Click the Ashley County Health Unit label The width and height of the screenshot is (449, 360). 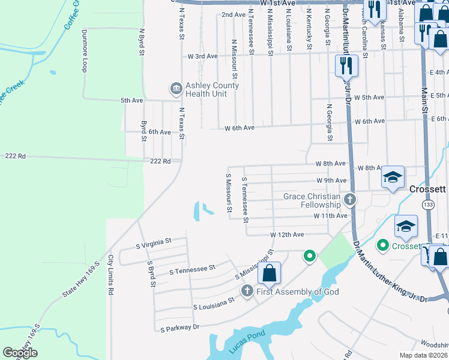212,89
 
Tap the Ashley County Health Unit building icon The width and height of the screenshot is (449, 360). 176,89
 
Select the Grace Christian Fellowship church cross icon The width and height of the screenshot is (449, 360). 350,199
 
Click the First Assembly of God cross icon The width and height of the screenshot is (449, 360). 247,291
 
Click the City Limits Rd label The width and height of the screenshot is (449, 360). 110,275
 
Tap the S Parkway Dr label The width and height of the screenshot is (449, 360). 179,328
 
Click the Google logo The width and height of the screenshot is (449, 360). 20,353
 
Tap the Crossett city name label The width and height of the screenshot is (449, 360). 427,189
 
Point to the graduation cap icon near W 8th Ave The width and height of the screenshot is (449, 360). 393,177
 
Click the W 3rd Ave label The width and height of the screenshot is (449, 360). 202,56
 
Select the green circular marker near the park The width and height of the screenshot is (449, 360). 310,256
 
